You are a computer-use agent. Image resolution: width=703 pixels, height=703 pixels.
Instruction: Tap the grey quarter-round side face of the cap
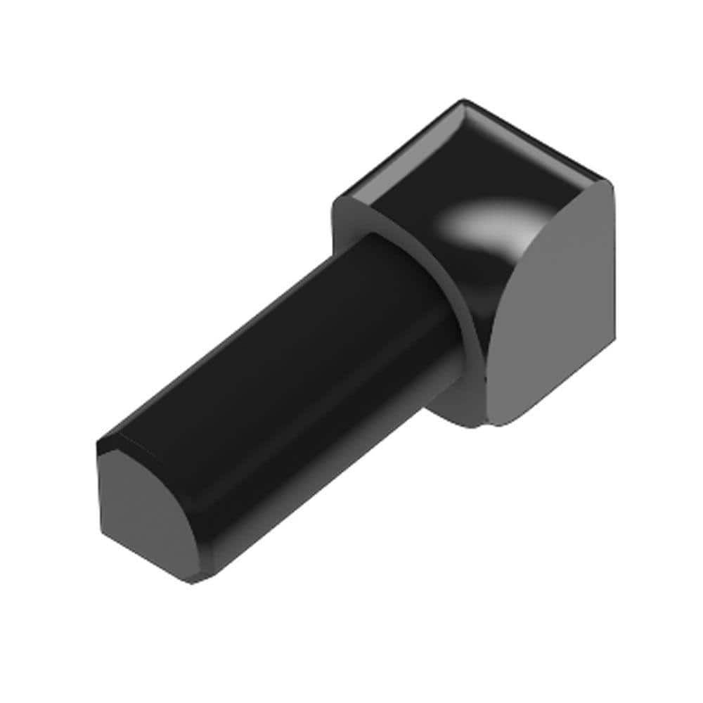tap(555, 309)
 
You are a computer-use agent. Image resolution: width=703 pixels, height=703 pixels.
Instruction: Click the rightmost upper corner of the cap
tap(610, 184)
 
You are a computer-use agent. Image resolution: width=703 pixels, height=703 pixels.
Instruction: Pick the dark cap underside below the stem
tap(450, 401)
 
